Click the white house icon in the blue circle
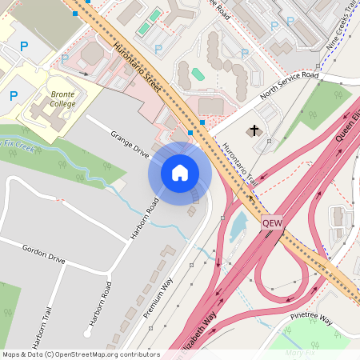click(180, 172)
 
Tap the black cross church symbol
click(254, 130)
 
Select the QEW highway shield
click(272, 224)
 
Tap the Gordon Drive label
click(43, 254)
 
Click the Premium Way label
click(158, 297)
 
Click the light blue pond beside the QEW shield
click(238, 226)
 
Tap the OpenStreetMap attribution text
click(81, 354)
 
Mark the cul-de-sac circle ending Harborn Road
click(86, 333)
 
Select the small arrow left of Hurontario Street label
click(83, 73)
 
